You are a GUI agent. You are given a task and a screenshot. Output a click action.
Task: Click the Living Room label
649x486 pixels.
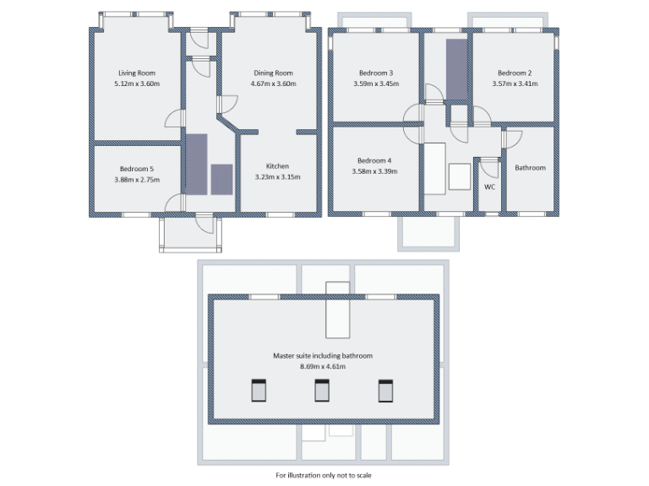pos(137,73)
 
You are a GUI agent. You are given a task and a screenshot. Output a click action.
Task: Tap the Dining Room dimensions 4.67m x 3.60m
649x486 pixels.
pos(272,84)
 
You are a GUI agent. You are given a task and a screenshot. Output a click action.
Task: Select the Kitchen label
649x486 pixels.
pos(277,166)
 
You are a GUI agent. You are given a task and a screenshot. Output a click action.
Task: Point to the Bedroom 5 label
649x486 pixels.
pos(136,169)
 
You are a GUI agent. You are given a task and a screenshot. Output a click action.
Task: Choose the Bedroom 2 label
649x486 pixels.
pos(514,73)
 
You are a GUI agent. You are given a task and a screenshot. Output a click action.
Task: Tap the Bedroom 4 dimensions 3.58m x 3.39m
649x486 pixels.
pos(374,171)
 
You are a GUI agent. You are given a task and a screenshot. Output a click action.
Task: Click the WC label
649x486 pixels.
pos(489,187)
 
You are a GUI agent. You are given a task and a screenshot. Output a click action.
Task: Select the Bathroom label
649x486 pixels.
pos(530,168)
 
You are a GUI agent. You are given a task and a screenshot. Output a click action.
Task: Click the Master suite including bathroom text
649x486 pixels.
pos(322,356)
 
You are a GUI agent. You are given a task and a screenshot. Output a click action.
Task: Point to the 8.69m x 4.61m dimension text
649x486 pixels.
pos(322,367)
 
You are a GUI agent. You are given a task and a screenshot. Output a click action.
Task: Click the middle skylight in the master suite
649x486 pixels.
pos(322,391)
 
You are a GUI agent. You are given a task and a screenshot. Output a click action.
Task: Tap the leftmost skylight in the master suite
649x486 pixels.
pos(259,391)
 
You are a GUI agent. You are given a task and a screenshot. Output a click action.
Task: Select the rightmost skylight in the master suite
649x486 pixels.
pos(385,391)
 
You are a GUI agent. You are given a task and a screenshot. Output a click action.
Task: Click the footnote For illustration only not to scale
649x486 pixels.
pos(323,475)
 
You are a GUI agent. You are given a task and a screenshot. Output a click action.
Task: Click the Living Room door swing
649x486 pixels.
pos(173,119)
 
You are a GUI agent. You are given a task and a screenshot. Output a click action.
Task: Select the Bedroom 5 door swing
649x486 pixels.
pos(173,202)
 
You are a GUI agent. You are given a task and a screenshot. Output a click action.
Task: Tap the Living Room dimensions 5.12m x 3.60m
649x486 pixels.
pos(137,84)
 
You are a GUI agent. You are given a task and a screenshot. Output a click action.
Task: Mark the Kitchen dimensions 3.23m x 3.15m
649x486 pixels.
pos(277,177)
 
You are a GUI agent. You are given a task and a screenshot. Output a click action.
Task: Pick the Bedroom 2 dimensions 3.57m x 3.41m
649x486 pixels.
pos(514,84)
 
